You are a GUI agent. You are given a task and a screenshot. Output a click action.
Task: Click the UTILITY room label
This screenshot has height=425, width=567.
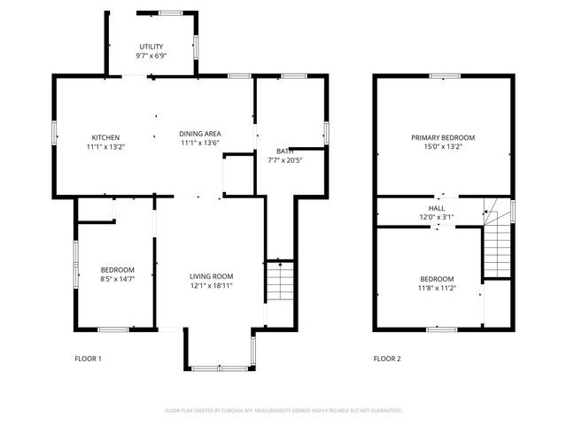click(152, 46)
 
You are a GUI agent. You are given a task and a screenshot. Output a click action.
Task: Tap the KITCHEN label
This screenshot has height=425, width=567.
click(105, 137)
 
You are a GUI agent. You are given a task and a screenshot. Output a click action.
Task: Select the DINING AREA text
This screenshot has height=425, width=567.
click(199, 133)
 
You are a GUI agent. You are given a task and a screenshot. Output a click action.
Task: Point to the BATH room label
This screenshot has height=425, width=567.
click(283, 151)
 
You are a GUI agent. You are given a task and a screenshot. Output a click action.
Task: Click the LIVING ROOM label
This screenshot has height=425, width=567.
click(211, 276)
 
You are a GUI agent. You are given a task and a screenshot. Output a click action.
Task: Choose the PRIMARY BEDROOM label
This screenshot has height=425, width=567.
click(443, 137)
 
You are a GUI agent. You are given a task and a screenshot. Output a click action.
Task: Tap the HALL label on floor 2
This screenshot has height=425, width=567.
click(436, 207)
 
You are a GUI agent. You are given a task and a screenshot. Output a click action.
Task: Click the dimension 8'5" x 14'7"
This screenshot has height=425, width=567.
click(117, 279)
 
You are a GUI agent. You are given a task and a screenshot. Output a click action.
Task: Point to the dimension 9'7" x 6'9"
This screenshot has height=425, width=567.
click(152, 56)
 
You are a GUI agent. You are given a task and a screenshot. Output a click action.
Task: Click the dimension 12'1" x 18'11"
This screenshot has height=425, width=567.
click(211, 286)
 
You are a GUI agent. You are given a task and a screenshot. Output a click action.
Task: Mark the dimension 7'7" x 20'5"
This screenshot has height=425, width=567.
click(285, 160)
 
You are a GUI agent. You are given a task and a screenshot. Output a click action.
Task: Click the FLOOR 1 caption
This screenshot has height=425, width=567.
click(88, 359)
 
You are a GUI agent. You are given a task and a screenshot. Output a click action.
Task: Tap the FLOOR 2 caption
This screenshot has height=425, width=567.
click(386, 359)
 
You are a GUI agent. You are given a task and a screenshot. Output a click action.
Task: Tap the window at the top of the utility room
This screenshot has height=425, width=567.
click(171, 12)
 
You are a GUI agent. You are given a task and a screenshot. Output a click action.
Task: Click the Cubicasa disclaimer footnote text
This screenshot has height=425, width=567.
click(283, 411)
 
